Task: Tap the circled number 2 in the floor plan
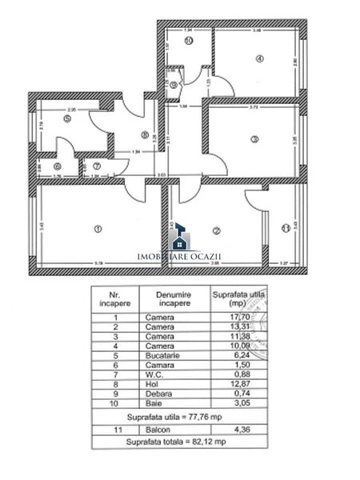(216, 231)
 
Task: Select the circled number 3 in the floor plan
(254, 139)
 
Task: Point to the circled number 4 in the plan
(260, 58)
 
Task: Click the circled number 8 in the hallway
(145, 135)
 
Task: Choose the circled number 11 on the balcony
(286, 231)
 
